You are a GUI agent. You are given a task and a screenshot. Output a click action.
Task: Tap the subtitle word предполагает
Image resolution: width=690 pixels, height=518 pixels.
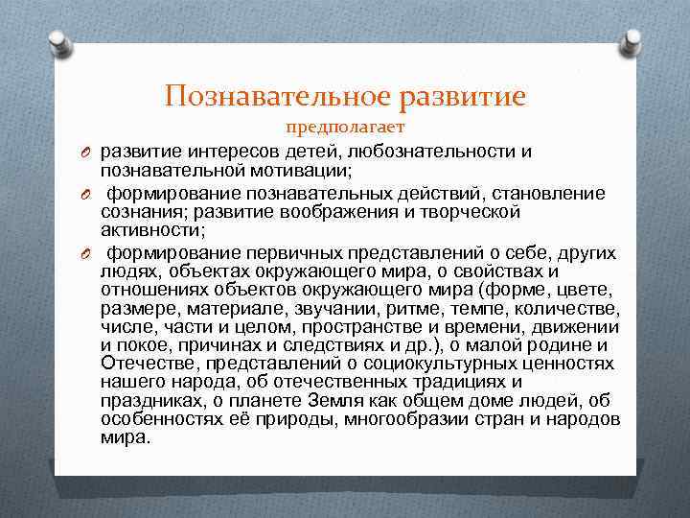[x=345, y=128]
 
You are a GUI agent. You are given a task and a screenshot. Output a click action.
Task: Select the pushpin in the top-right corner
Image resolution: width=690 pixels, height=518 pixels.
[x=633, y=41]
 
